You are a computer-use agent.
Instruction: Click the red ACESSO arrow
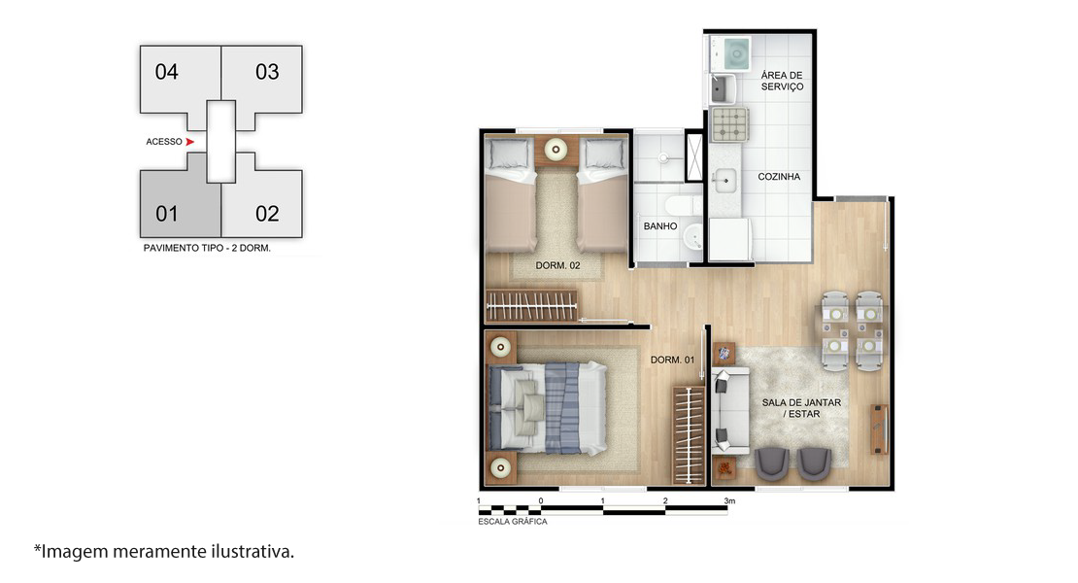point(189,142)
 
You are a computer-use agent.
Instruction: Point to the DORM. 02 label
point(557,265)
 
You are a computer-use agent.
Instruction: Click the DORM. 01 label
point(672,360)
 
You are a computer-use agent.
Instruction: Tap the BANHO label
point(660,226)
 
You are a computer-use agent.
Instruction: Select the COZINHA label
point(779,177)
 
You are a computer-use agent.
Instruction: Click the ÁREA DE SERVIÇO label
point(782,81)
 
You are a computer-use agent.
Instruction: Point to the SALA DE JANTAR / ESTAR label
point(801,408)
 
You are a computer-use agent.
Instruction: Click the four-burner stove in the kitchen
point(729,124)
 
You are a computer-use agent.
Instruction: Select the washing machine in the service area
point(730,53)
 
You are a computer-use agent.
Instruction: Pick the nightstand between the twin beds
point(556,151)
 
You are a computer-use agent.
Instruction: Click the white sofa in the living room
point(729,411)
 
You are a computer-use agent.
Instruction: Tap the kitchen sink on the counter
point(724,182)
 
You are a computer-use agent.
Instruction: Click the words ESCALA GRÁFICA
point(513,522)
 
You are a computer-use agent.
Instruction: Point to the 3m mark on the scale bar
point(728,501)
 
